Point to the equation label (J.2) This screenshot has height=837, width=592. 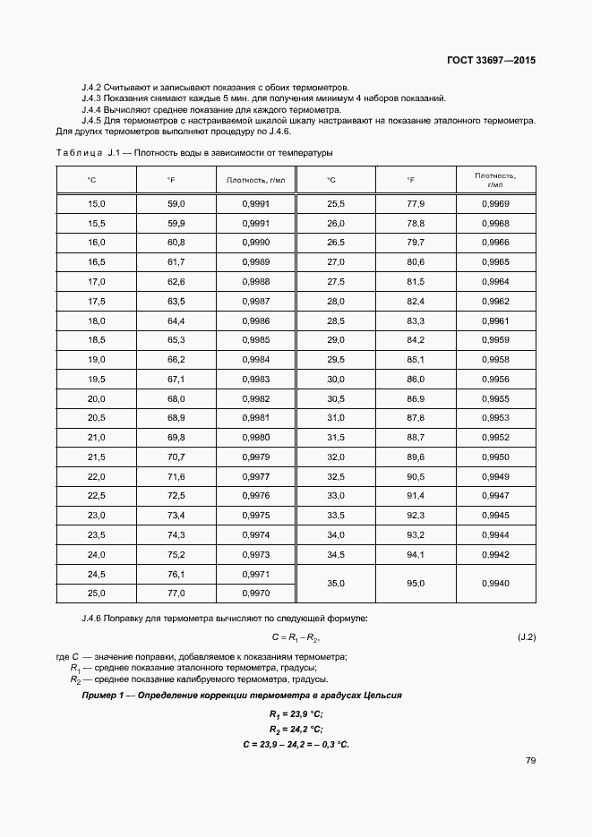coord(526,638)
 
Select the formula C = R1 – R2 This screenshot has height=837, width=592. coord(296,638)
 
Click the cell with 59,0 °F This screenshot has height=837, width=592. coord(176,204)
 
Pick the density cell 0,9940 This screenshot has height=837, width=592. coord(495,583)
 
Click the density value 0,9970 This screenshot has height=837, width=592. coord(256,593)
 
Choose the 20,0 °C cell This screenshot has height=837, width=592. coord(97,398)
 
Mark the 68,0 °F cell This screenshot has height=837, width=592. coord(176,398)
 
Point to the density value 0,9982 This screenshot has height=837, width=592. coord(256,398)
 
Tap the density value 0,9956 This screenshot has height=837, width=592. coord(495,379)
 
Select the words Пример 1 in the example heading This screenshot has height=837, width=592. coord(103,696)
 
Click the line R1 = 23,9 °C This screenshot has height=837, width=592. coord(296,713)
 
